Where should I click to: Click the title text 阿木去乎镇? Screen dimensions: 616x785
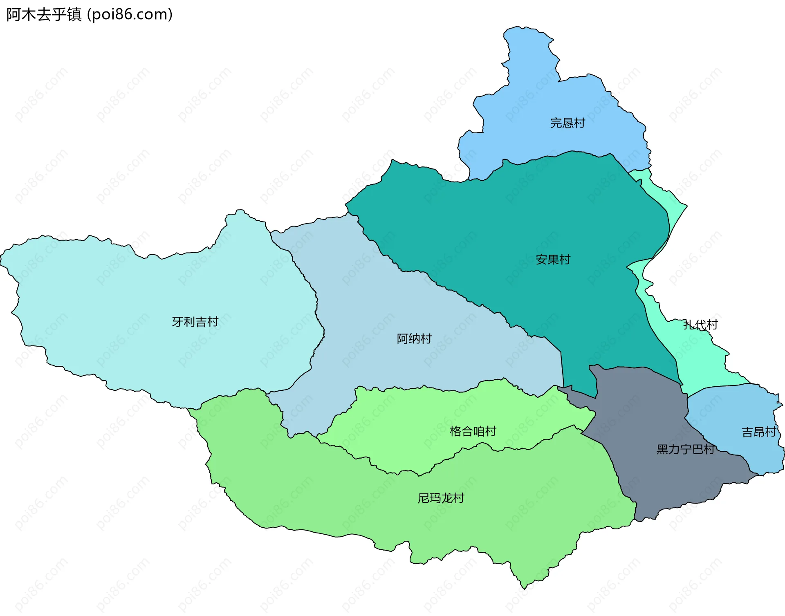44,15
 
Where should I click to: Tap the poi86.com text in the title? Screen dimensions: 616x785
130,15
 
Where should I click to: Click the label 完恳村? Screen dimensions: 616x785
567,123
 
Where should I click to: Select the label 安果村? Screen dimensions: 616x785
553,259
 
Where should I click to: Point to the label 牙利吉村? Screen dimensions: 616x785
195,322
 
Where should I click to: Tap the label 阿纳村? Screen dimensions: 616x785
414,338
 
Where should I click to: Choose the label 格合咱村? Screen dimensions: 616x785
473,431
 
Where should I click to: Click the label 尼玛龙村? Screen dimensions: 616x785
441,498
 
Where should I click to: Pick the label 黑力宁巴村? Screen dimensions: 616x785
685,449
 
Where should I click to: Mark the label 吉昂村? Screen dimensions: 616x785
759,432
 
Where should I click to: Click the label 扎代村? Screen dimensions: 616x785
700,325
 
